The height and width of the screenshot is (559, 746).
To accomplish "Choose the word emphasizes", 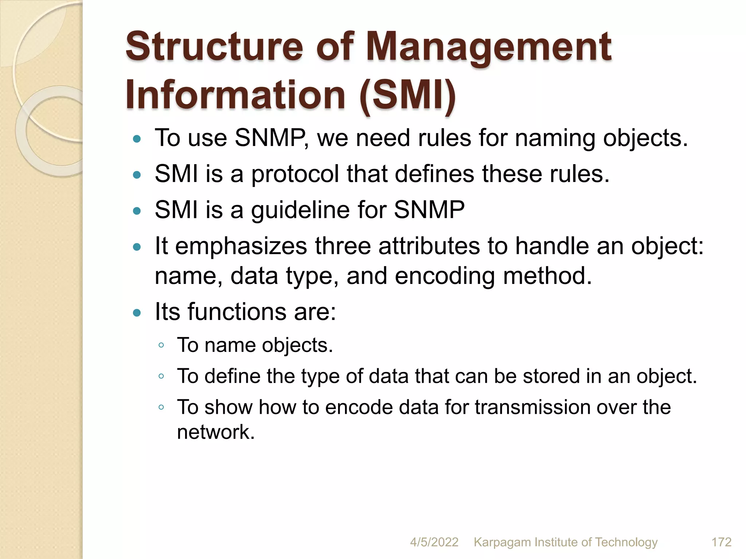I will (x=241, y=246).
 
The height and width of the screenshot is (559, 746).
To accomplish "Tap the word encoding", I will (x=445, y=276).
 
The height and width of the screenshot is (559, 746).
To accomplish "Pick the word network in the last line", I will (x=216, y=432).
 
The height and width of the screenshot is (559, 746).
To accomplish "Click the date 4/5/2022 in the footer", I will (x=434, y=542).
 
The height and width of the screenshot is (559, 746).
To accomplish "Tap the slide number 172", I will (x=721, y=542).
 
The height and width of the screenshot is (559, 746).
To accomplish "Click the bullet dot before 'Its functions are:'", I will (x=137, y=313).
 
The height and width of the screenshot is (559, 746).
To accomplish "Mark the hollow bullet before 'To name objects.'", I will (x=161, y=345).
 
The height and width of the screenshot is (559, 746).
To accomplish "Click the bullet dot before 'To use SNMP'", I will (x=137, y=139).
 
